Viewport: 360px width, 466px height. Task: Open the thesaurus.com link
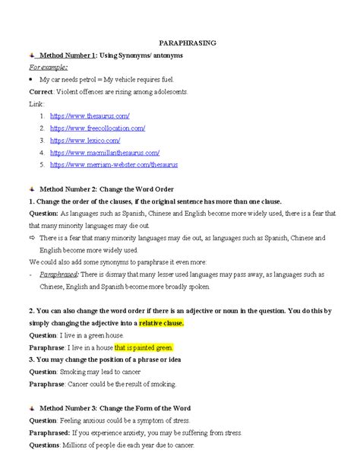(x=90, y=115)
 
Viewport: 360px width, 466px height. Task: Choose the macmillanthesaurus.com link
(x=104, y=152)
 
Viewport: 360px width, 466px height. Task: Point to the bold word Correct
(x=42, y=91)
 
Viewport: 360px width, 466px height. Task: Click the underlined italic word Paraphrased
(x=59, y=274)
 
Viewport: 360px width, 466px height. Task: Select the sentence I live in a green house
(x=93, y=335)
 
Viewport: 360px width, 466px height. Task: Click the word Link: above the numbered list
(x=36, y=103)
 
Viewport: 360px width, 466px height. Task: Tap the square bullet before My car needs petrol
(x=31, y=79)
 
